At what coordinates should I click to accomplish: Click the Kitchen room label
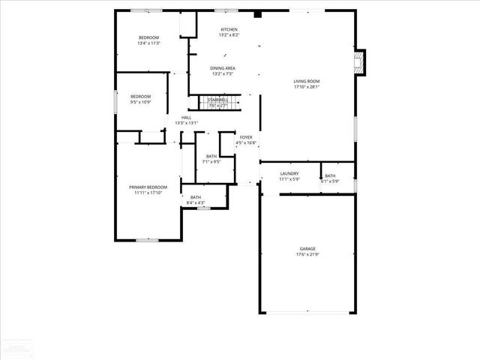[229, 29]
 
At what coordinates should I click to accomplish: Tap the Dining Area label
[223, 68]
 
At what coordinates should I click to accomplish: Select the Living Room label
[307, 81]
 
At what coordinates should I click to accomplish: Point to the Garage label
[307, 248]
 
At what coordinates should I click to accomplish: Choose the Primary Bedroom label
[148, 187]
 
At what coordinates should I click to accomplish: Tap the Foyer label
[246, 137]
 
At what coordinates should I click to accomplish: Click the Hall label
[186, 117]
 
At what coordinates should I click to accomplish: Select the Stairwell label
[218, 100]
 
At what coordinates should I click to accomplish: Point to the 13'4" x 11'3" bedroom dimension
[149, 43]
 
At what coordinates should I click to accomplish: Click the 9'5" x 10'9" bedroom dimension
[141, 102]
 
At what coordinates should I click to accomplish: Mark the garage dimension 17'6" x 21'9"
[307, 254]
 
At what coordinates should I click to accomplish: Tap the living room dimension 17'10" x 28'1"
[307, 87]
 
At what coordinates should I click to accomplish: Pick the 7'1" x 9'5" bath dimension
[211, 161]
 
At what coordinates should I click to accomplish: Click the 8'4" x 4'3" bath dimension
[195, 202]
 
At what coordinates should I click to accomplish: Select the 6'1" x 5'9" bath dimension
[330, 181]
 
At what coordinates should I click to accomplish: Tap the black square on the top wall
[257, 13]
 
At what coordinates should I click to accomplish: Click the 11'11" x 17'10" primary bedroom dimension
[148, 193]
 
